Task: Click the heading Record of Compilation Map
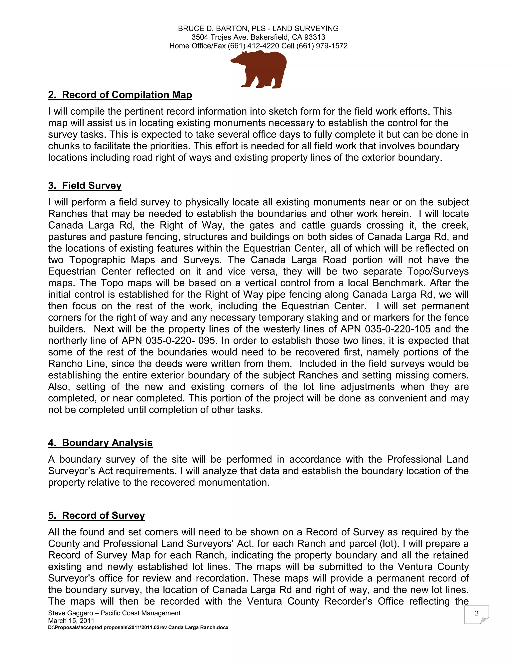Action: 120,95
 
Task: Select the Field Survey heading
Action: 85,186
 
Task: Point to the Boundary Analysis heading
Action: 100,443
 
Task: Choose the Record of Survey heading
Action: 97,516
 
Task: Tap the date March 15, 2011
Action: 71,621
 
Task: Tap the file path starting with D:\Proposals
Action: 138,628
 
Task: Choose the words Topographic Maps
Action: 112,260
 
